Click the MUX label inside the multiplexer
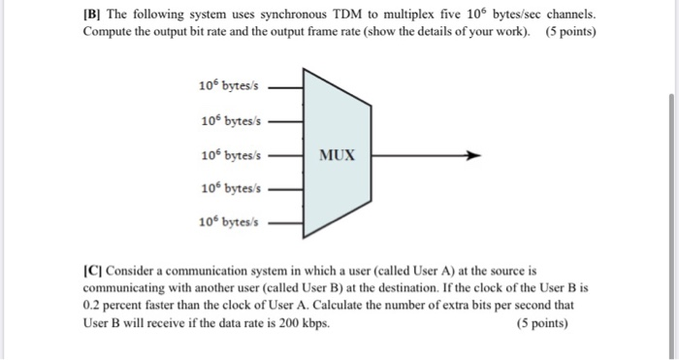point(337,155)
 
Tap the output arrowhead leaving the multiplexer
point(472,154)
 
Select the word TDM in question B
point(338,16)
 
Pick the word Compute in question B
point(111,32)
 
